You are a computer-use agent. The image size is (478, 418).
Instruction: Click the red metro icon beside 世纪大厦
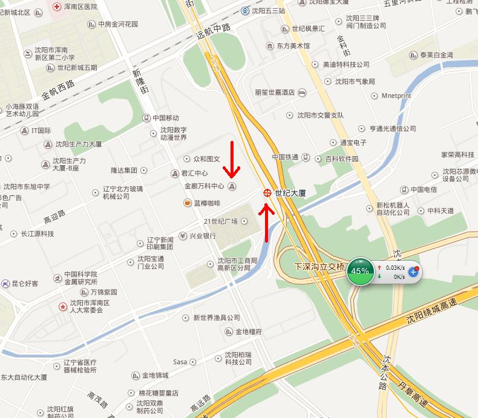(267, 193)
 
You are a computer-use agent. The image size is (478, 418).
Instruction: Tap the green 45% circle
(360, 271)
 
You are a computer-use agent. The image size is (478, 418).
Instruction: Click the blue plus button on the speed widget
(414, 272)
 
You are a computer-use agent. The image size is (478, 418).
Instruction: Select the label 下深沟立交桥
(319, 266)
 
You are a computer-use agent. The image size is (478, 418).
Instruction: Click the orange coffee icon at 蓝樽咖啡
(188, 203)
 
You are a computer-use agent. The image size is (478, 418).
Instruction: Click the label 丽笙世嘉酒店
(275, 93)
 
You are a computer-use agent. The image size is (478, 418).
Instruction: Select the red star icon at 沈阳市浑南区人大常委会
(63, 307)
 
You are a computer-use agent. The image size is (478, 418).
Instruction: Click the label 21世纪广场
(221, 221)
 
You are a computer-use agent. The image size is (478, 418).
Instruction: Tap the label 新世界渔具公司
(217, 318)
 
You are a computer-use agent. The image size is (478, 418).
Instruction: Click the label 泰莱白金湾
(436, 54)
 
